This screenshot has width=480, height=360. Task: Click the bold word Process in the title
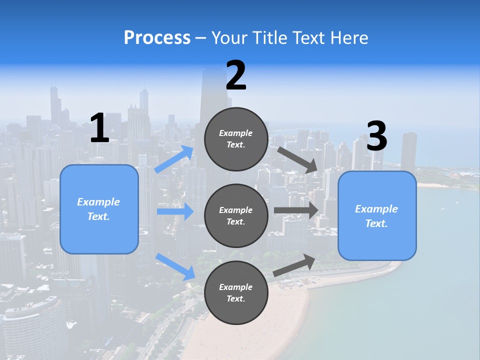pyautogui.click(x=157, y=38)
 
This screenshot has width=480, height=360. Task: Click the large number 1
pyautogui.click(x=99, y=128)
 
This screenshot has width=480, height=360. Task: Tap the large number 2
pyautogui.click(x=236, y=76)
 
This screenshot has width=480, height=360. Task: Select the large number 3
pyautogui.click(x=376, y=136)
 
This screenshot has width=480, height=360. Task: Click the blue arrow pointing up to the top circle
pyautogui.click(x=174, y=159)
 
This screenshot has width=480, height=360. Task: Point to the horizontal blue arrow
pyautogui.click(x=175, y=212)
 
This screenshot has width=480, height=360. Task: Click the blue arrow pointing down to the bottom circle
pyautogui.click(x=175, y=266)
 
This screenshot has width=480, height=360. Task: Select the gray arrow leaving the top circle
pyautogui.click(x=297, y=159)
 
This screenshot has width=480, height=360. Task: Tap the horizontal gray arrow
pyautogui.click(x=296, y=210)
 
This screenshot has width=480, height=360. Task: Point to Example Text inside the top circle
pyautogui.click(x=236, y=139)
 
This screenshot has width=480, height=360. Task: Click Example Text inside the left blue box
pyautogui.click(x=98, y=209)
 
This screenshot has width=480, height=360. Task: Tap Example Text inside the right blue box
pyautogui.click(x=376, y=216)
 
